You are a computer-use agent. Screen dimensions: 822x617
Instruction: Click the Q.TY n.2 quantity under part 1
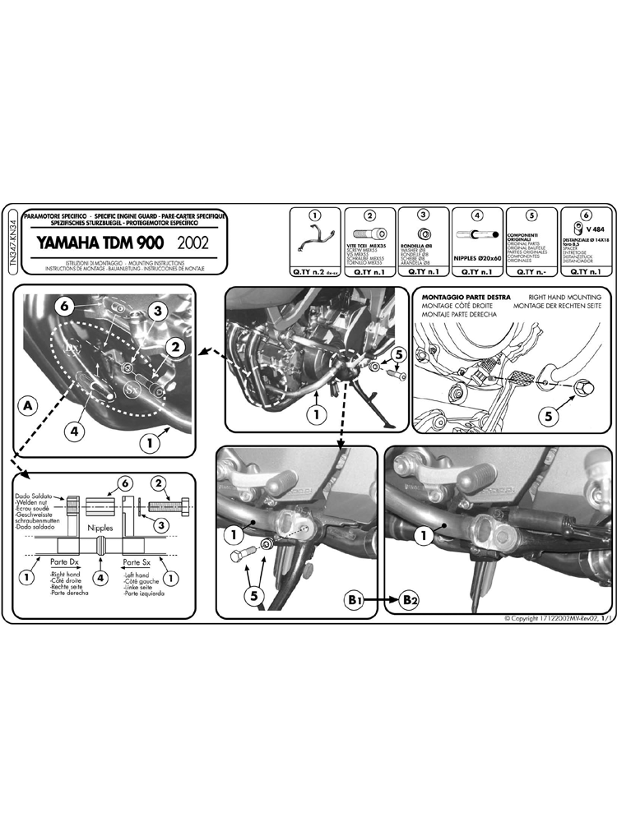tap(314, 270)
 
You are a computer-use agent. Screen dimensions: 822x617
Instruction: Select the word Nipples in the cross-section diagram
tap(100, 531)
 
